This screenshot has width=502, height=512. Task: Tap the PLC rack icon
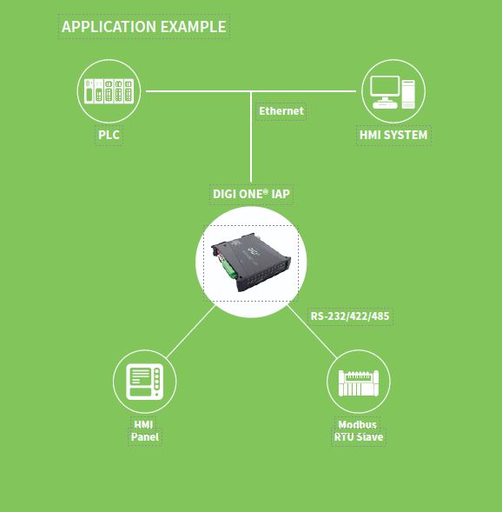(x=109, y=91)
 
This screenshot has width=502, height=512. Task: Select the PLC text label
(x=109, y=135)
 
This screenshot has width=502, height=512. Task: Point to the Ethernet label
(x=281, y=111)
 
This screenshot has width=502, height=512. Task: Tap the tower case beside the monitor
(x=408, y=94)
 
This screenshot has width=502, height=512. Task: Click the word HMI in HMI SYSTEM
(x=370, y=135)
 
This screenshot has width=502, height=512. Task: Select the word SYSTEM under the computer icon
(x=406, y=135)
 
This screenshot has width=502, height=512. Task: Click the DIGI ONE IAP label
(x=251, y=194)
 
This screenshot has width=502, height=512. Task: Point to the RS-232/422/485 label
(x=350, y=316)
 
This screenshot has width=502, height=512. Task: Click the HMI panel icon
(x=144, y=382)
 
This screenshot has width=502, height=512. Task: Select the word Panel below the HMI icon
(x=145, y=437)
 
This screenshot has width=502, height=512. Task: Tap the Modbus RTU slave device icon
(x=359, y=382)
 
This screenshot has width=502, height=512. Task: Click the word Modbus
(x=358, y=424)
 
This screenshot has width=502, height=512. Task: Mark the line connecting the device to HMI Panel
(x=191, y=331)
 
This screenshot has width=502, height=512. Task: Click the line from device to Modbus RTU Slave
(x=312, y=331)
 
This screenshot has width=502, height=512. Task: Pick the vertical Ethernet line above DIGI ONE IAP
(x=251, y=136)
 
